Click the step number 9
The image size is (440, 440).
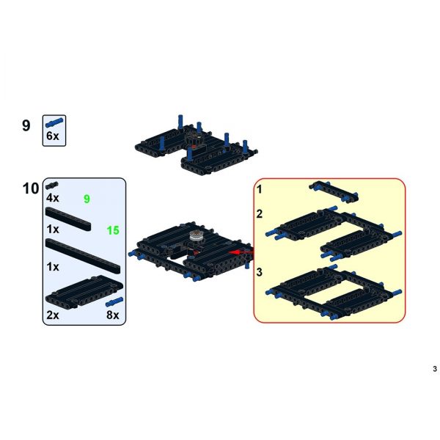coord(26,125)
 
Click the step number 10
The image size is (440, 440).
coord(31,188)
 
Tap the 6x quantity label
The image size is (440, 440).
coord(53,136)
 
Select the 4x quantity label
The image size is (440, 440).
coord(53,198)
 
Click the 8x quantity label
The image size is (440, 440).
coord(112,315)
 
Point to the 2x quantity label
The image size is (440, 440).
coord(53,315)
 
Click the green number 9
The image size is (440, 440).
coord(87,199)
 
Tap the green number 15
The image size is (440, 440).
coord(113,230)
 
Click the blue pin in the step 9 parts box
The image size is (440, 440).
coord(54,123)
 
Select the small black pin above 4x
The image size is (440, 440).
coord(52,185)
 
